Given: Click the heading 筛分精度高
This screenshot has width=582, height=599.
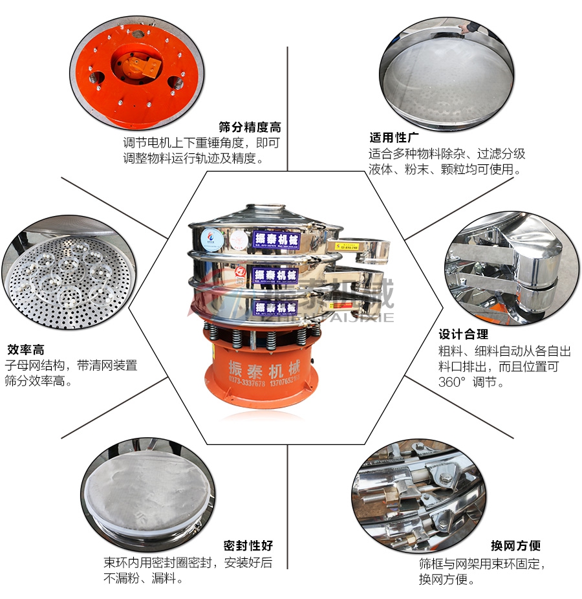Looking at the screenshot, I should pos(250,127).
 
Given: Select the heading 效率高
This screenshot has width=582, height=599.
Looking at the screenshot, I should pos(25,350).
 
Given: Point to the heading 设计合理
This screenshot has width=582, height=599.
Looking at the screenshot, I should pos(464,334).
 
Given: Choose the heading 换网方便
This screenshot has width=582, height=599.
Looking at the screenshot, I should pos(516,546).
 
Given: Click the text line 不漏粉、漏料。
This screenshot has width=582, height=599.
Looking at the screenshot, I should pos(144,578).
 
